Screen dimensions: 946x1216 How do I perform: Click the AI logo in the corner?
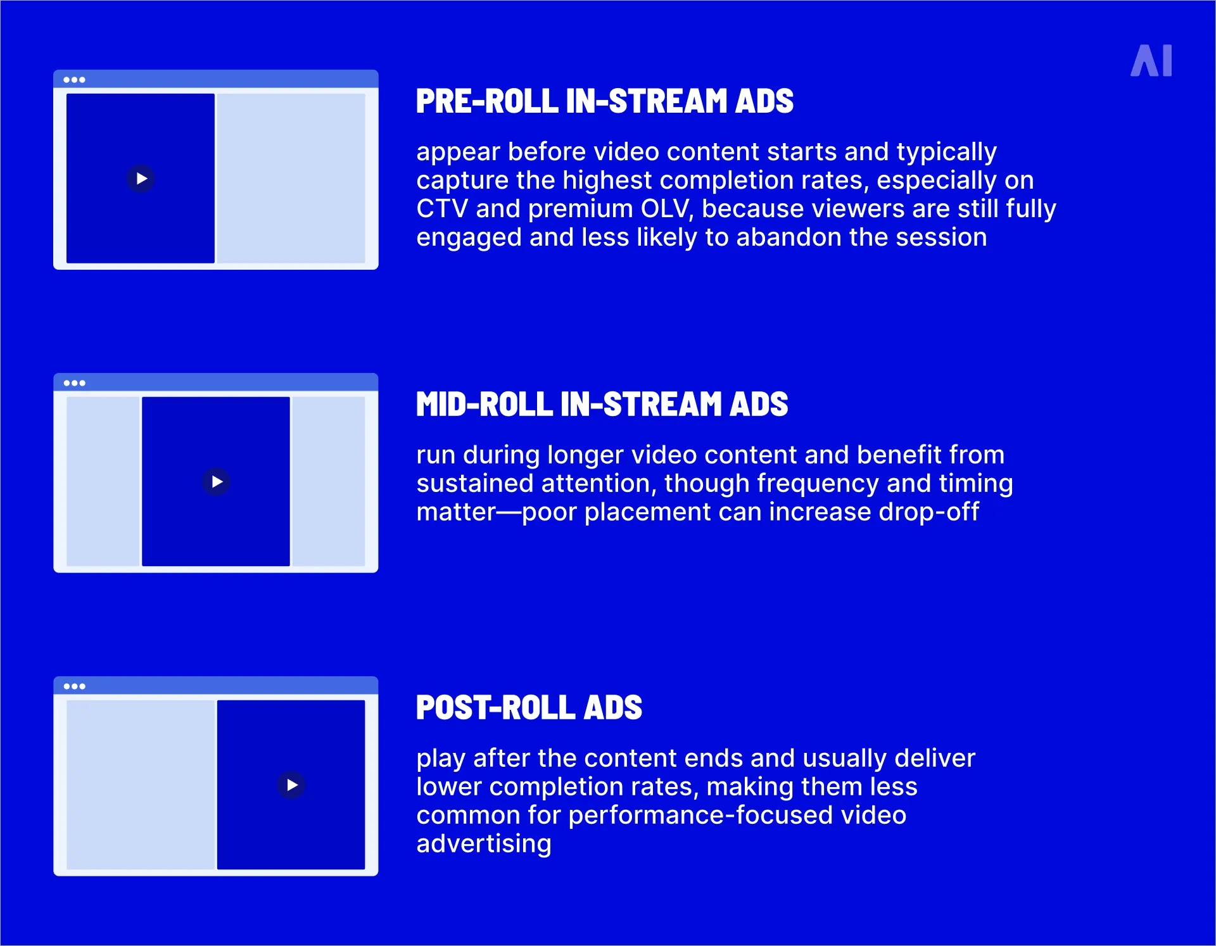[1151, 61]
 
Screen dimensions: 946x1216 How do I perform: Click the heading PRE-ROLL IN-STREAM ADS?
[604, 101]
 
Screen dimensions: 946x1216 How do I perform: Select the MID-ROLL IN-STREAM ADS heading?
[602, 405]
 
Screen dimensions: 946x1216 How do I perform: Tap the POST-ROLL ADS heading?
[529, 708]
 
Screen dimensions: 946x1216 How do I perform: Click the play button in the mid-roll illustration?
[217, 482]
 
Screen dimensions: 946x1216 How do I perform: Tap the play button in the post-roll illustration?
[291, 785]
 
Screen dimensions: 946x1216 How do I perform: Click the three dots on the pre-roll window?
[74, 80]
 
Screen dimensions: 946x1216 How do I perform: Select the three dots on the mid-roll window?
[74, 383]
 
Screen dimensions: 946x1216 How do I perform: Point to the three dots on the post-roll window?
[74, 686]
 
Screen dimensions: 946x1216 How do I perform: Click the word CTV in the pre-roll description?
[441, 209]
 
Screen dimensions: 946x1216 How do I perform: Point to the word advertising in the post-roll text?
[484, 844]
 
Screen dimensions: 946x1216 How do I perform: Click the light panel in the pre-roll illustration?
[291, 179]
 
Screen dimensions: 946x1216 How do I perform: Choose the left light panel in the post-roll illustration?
[141, 785]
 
